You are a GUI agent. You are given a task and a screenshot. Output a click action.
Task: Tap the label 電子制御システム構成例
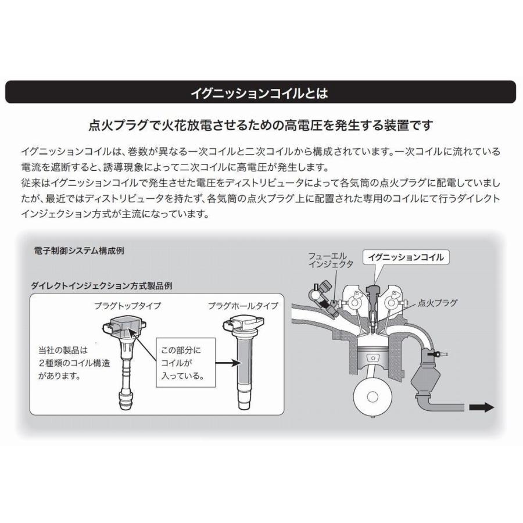click(x=80, y=252)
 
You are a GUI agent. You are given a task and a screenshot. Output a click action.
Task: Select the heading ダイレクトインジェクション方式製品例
click(x=102, y=286)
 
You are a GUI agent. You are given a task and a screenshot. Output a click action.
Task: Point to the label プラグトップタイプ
click(x=127, y=306)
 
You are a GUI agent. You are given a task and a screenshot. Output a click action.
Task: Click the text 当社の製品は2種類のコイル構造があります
click(x=61, y=363)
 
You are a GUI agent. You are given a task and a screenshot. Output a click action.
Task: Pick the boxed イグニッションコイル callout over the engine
click(x=406, y=257)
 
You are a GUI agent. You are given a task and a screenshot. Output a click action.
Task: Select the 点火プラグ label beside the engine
click(x=438, y=303)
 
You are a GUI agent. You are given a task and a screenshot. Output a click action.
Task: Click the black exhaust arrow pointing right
click(x=481, y=407)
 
